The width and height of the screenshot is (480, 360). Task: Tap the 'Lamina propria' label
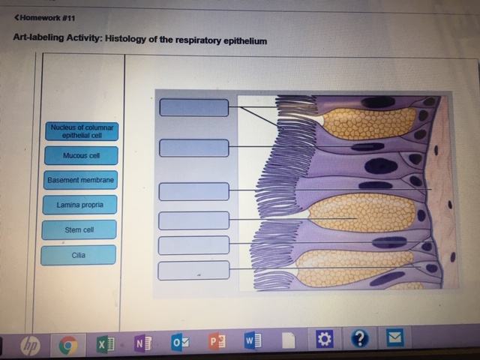click(x=79, y=205)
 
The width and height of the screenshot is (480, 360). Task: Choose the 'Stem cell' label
click(x=79, y=229)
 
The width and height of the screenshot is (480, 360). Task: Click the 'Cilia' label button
click(x=79, y=255)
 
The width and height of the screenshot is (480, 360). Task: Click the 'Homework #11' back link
click(x=44, y=16)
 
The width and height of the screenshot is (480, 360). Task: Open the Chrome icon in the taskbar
click(x=67, y=345)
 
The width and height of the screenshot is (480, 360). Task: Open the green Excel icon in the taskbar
click(x=103, y=344)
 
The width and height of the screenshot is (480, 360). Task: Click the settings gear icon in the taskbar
click(x=325, y=340)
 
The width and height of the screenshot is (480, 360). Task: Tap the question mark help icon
click(x=360, y=339)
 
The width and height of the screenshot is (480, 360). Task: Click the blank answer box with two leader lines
click(x=193, y=107)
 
